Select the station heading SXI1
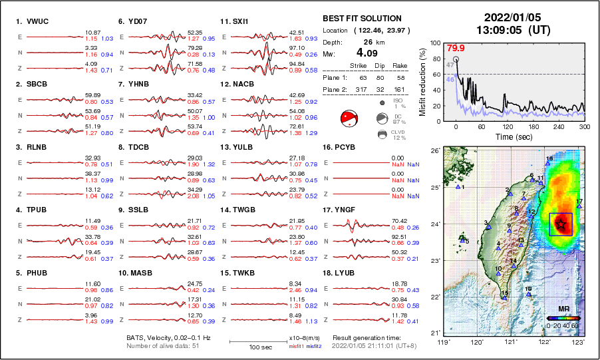[x=240, y=21]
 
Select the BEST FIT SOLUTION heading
[x=362, y=19]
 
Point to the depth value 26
[x=363, y=41]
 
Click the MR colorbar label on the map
[x=563, y=309]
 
